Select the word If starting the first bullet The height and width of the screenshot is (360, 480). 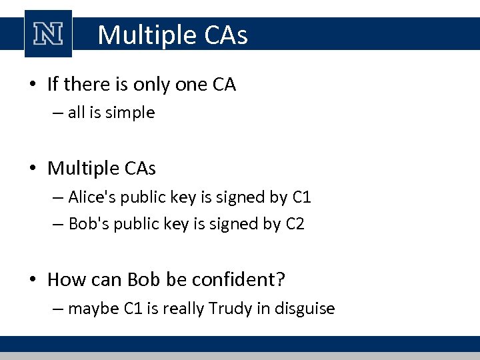tap(53, 85)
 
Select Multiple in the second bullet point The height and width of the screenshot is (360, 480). tap(83, 169)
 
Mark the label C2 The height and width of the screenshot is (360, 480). tap(294, 224)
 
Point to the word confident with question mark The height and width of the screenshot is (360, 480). tap(237, 279)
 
